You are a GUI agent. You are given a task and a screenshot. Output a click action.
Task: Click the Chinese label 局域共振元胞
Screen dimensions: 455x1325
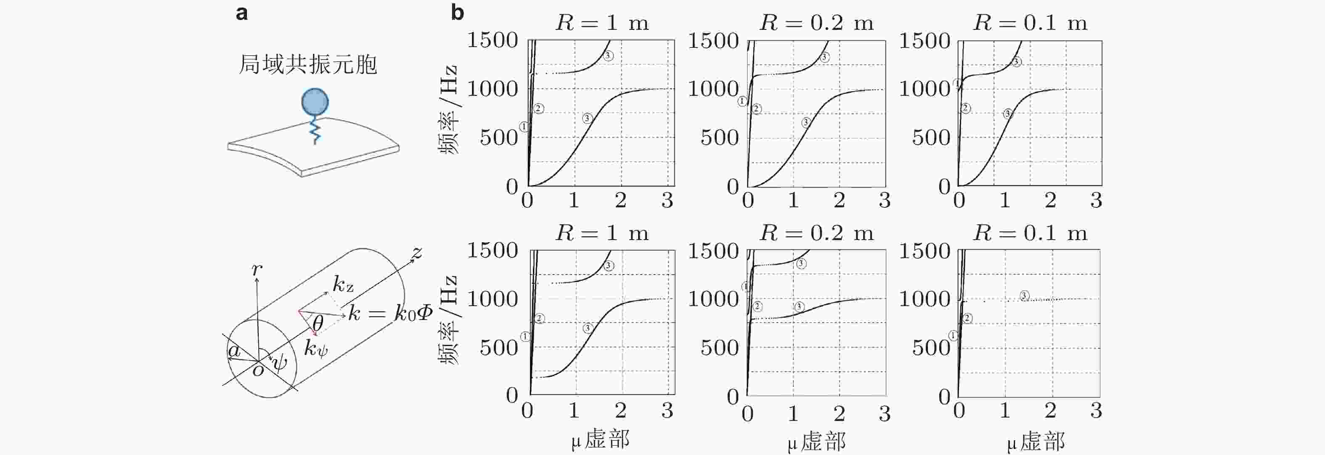click(307, 65)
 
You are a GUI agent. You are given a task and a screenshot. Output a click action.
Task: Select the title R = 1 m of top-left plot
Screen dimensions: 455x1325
click(602, 23)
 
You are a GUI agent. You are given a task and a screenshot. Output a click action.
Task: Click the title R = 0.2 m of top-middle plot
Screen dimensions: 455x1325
click(816, 23)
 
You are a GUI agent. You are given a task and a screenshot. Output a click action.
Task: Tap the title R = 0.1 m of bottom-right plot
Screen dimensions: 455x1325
click(1030, 233)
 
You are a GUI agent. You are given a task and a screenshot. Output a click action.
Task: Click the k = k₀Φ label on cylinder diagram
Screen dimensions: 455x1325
click(390, 312)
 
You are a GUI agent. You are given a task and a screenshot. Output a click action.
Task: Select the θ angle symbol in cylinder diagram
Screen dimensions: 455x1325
click(318, 323)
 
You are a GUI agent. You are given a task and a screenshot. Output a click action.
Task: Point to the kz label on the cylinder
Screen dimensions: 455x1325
click(342, 284)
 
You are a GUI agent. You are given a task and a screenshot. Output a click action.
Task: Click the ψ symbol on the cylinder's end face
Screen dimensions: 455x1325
click(279, 362)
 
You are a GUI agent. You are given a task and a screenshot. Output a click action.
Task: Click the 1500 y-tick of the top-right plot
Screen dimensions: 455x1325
click(924, 41)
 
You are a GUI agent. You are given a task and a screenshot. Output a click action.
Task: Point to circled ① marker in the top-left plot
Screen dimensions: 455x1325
click(524, 127)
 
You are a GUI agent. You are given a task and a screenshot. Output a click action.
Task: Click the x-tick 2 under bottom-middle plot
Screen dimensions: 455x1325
click(839, 413)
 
